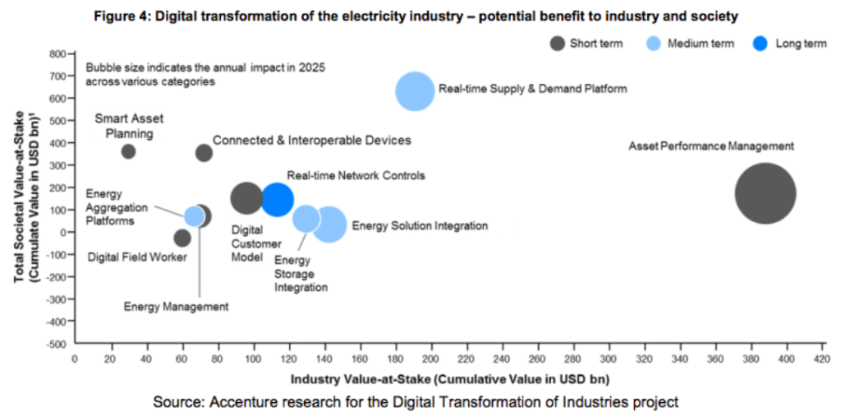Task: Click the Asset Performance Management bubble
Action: pos(765,193)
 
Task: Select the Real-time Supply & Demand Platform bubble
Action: pos(415,91)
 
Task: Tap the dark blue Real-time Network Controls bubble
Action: pos(278,198)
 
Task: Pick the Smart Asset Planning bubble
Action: pos(128,151)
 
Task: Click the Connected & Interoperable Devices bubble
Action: pos(204,153)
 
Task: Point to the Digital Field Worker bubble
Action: pos(182,239)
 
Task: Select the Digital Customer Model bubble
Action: pos(246,197)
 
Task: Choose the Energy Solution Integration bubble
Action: pos(330,225)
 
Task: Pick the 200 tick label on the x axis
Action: pos(431,359)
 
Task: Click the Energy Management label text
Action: pos(176,307)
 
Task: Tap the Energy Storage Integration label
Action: pos(301,274)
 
